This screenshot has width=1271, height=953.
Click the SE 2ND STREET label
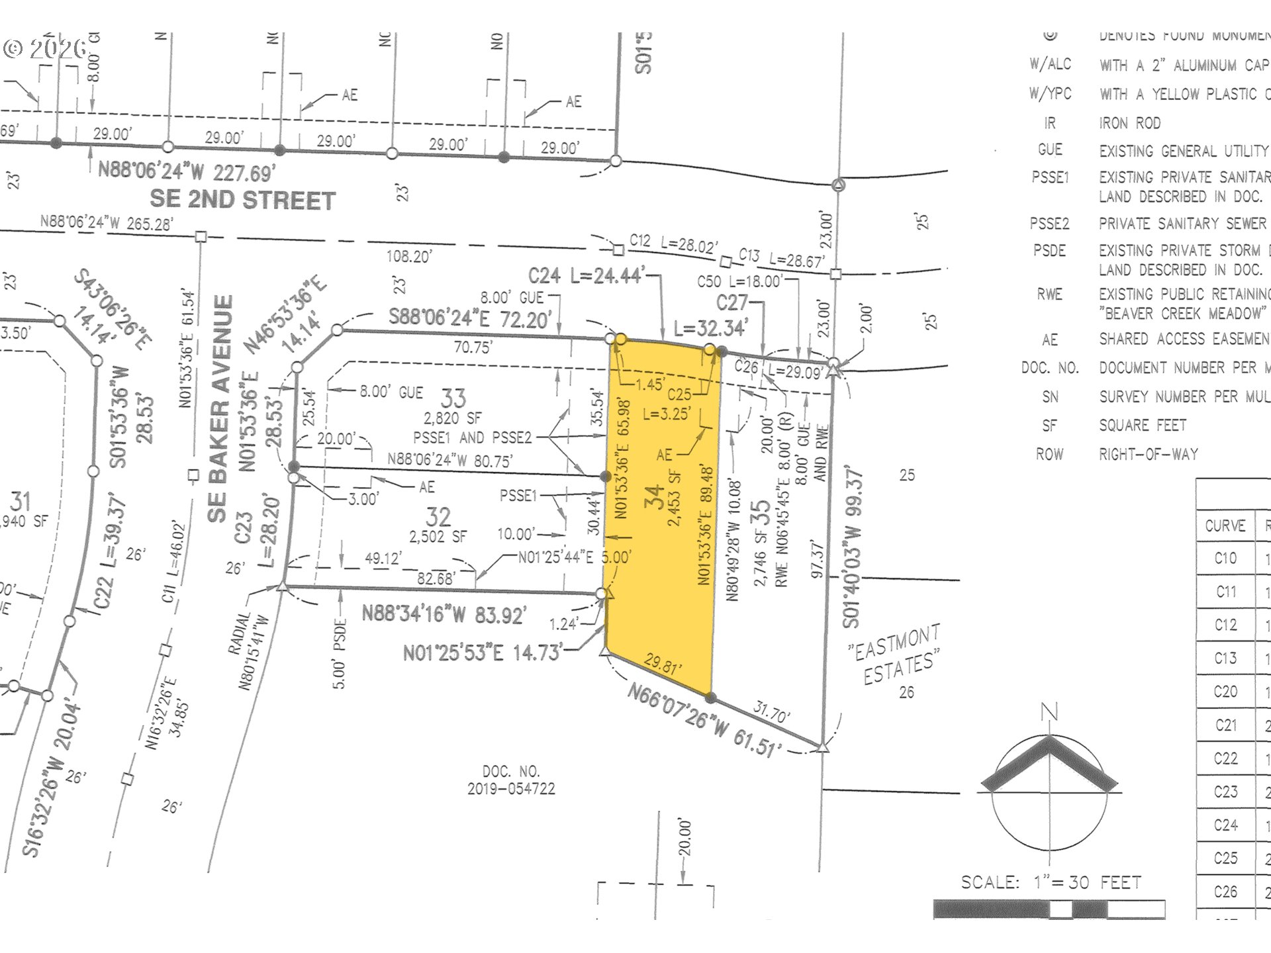(x=242, y=200)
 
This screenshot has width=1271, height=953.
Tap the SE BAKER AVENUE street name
(x=220, y=408)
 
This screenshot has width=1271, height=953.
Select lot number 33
(x=453, y=398)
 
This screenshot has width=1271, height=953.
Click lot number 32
(x=438, y=517)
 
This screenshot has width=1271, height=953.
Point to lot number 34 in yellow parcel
(x=654, y=496)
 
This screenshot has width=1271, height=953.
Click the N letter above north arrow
(x=1049, y=713)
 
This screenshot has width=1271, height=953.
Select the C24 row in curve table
(x=1225, y=825)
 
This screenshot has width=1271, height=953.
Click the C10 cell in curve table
(x=1225, y=558)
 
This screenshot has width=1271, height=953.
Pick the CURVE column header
(x=1225, y=525)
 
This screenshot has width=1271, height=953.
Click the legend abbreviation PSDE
(x=1049, y=251)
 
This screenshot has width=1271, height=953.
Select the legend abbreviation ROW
(x=1049, y=454)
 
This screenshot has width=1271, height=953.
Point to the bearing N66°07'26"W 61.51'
(x=704, y=722)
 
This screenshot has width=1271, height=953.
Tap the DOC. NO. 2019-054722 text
(x=511, y=780)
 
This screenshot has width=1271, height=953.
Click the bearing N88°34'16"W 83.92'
(x=444, y=614)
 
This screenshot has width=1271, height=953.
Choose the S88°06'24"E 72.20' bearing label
(x=469, y=318)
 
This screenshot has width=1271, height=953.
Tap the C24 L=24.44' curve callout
(x=585, y=275)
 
